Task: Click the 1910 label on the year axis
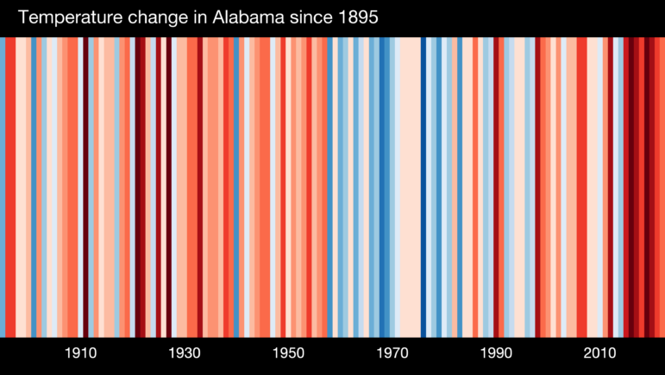[80, 353]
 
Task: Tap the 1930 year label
[185, 353]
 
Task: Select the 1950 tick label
[288, 353]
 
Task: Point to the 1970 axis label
[392, 353]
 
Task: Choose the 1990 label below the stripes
[496, 353]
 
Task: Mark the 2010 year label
[600, 353]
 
